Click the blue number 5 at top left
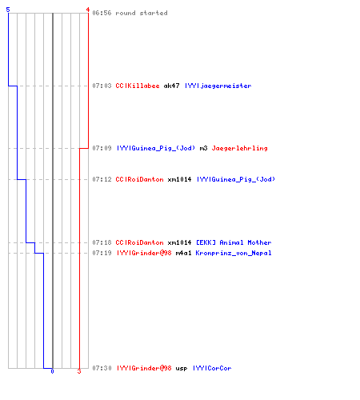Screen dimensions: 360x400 tap(8, 10)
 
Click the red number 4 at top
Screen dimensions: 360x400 tap(87, 10)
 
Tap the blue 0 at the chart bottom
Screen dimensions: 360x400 tap(52, 371)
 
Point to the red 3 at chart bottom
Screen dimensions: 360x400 tap(79, 371)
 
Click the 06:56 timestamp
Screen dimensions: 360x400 tap(102, 13)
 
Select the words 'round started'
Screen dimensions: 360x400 tap(142, 13)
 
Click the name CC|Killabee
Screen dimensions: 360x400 tap(138, 86)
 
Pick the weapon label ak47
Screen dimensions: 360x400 tap(171, 86)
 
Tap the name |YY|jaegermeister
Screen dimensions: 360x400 tap(218, 86)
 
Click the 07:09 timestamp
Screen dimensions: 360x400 tap(102, 148)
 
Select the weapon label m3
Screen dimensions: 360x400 tap(203, 148)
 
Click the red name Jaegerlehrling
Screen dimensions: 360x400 tap(239, 148)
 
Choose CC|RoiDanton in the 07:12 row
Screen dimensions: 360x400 tap(139, 179)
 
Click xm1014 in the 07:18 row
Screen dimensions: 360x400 tap(179, 242)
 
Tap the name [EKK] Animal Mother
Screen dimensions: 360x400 tap(234, 242)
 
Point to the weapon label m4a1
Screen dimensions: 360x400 tap(183, 253)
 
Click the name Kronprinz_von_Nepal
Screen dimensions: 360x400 tap(234, 253)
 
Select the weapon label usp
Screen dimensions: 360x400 tap(182, 368)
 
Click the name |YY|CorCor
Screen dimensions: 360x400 tap(212, 368)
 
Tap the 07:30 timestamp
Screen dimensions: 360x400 tap(102, 368)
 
